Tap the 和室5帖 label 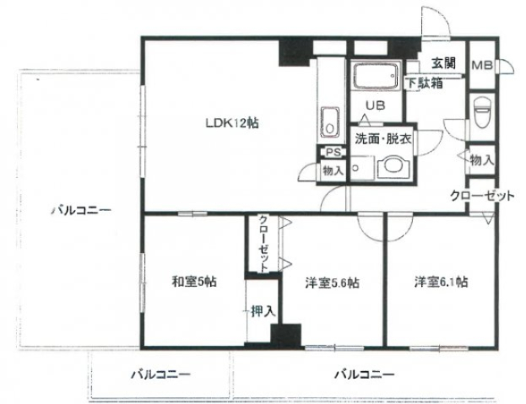(x=194, y=283)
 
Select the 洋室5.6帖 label (x=333, y=283)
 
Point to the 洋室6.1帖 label (x=441, y=283)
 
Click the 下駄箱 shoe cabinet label (x=423, y=83)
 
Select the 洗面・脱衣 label (x=382, y=140)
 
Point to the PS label (x=332, y=153)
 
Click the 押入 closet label (x=263, y=311)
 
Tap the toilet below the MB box (x=483, y=110)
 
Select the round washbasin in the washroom (x=390, y=170)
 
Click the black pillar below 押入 (x=285, y=334)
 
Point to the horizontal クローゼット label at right (x=482, y=196)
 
